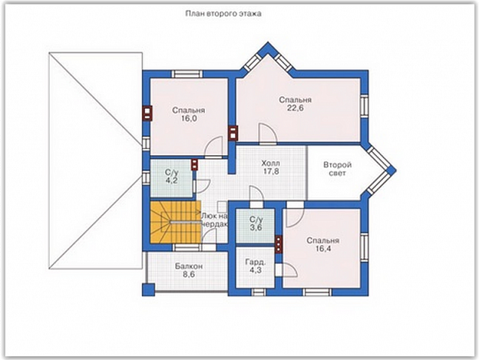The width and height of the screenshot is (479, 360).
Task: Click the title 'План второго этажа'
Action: click(x=224, y=14)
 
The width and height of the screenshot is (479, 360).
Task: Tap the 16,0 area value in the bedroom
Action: click(x=188, y=119)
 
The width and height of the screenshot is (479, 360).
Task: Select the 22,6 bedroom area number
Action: click(x=295, y=108)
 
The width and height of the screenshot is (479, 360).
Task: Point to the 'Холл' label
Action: click(x=270, y=163)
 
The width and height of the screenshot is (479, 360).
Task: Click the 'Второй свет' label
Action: click(x=338, y=169)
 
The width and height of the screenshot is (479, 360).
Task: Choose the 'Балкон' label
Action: click(x=189, y=266)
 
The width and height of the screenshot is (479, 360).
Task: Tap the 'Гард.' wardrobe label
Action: click(x=255, y=262)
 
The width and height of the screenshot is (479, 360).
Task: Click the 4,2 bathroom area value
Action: click(x=172, y=181)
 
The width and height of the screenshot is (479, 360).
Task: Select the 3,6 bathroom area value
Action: click(x=256, y=228)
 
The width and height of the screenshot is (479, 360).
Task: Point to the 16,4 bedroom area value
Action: click(x=323, y=248)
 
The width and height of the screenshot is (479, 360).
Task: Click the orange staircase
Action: click(x=175, y=222)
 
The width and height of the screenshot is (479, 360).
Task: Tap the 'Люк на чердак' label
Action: click(x=215, y=220)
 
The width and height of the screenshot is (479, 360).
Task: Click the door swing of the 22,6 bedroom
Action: click(x=267, y=133)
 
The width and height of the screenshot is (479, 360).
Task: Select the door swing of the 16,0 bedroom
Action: click(x=214, y=147)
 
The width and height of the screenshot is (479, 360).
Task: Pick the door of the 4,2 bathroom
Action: click(x=201, y=185)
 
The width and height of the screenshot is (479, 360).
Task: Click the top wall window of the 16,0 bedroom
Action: click(x=187, y=74)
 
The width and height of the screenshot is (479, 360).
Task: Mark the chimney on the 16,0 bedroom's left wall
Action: click(x=147, y=113)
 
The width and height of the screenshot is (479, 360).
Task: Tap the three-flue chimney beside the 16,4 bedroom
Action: click(x=278, y=244)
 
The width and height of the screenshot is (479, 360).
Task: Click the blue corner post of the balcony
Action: click(x=149, y=290)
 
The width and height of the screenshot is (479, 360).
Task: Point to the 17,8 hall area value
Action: click(x=271, y=171)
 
